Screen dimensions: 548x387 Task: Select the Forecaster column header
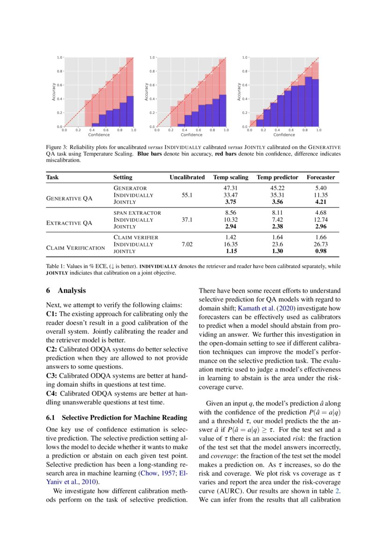tap(321, 177)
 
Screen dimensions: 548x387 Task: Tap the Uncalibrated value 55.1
tap(187, 195)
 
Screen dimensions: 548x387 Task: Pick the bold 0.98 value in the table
tap(321, 251)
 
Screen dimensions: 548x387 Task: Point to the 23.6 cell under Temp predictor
tap(277, 244)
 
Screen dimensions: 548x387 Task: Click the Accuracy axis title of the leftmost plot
tap(54, 92)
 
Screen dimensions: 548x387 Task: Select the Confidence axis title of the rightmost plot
tap(284, 135)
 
